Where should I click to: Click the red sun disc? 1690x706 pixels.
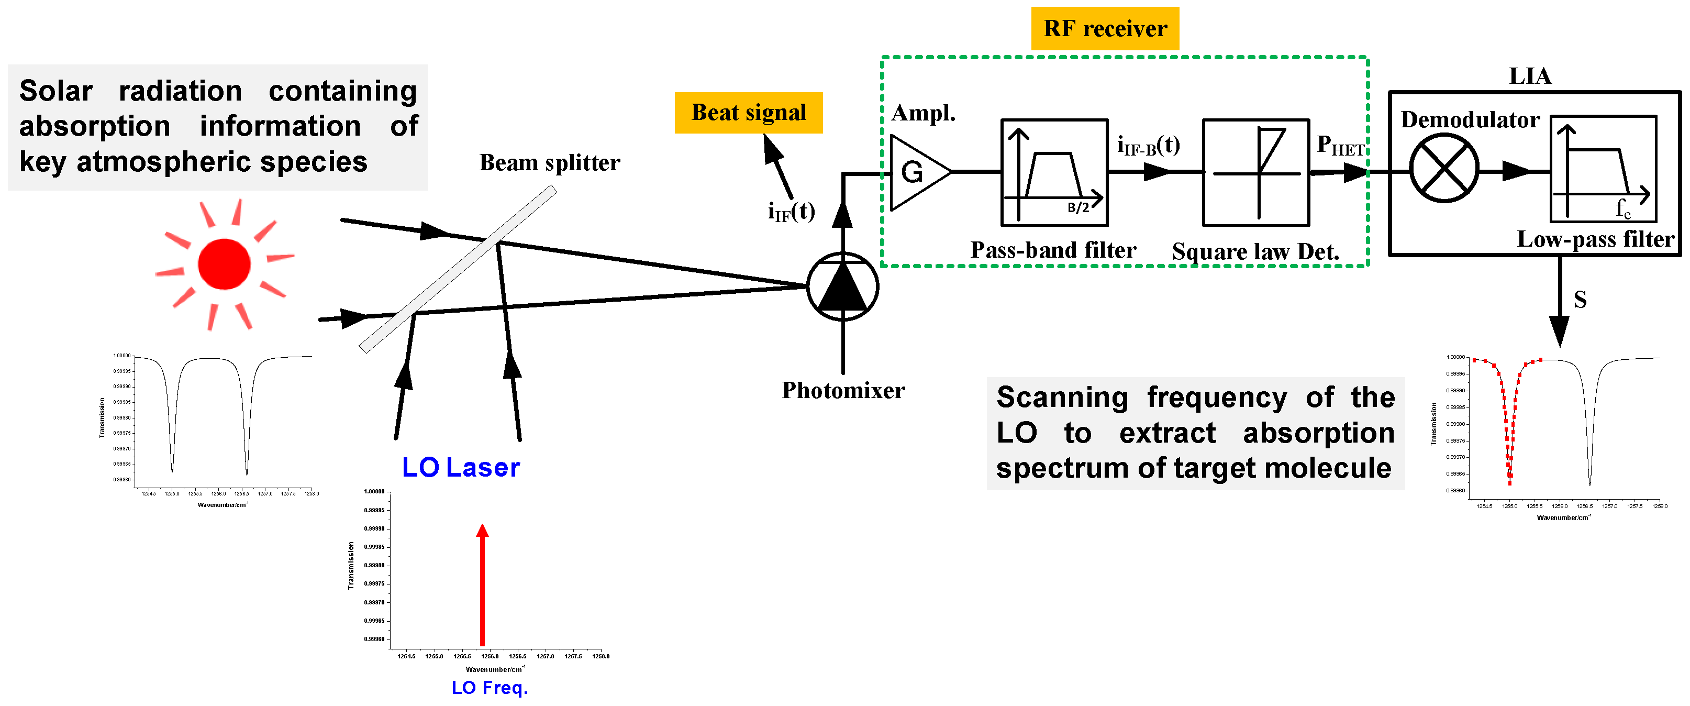(x=224, y=264)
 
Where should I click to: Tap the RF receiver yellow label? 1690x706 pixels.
(x=1105, y=29)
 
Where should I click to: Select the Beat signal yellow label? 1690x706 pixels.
(x=748, y=113)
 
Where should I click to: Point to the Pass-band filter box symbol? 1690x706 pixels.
(x=1053, y=172)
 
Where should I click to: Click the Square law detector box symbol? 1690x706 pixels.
(x=1255, y=172)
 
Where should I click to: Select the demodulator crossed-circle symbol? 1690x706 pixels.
(x=1443, y=168)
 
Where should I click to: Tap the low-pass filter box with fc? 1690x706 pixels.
(x=1602, y=169)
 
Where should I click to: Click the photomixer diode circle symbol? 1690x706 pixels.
(x=842, y=286)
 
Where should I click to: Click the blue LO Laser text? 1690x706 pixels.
(x=461, y=468)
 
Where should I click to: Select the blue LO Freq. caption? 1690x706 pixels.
(x=490, y=688)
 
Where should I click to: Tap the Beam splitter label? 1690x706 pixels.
(x=549, y=163)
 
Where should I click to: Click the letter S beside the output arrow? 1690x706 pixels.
(x=1580, y=300)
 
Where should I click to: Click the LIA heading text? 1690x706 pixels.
(x=1530, y=76)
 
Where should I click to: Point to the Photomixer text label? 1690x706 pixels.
(x=842, y=390)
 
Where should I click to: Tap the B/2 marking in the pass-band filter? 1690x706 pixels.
(x=1078, y=208)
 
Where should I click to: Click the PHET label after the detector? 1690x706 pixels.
(x=1340, y=145)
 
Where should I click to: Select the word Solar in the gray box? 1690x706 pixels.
(x=56, y=91)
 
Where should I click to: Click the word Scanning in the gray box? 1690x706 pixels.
(x=1062, y=398)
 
